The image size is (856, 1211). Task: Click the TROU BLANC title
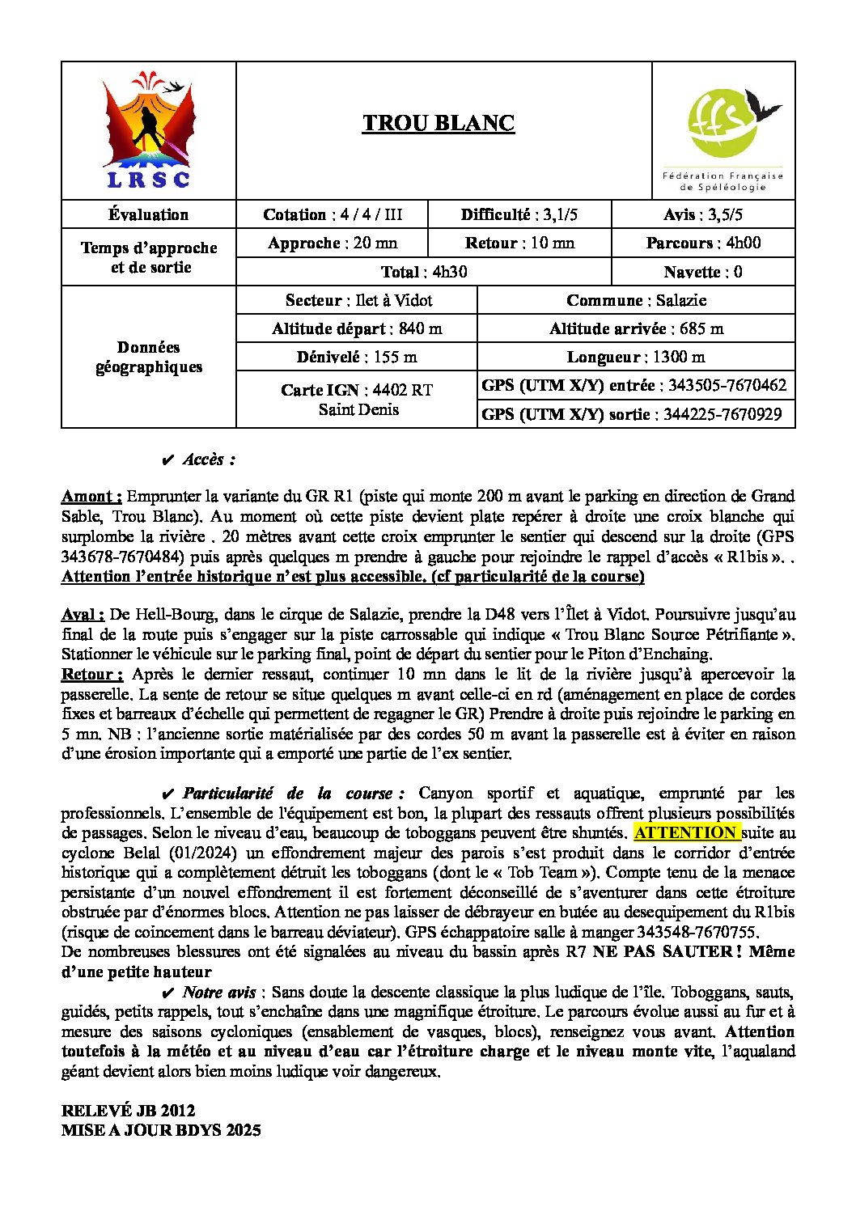(x=438, y=123)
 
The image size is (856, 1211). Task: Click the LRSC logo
(x=149, y=132)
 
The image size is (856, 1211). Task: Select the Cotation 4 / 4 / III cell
(x=332, y=214)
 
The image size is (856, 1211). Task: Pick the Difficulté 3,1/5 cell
(x=519, y=214)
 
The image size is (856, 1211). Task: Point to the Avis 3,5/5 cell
(x=702, y=214)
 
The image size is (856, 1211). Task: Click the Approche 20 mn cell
(x=332, y=243)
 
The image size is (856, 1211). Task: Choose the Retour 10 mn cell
(x=519, y=243)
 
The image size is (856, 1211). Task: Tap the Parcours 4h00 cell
(x=702, y=243)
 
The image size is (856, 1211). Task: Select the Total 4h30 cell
(x=423, y=272)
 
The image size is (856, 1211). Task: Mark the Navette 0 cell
(x=702, y=272)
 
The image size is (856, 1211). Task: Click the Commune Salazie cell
(x=636, y=300)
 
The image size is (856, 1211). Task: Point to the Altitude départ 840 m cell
(x=357, y=328)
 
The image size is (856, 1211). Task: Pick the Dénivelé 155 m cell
(x=357, y=357)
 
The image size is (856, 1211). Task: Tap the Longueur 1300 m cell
(x=636, y=357)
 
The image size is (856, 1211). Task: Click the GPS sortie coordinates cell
(x=636, y=414)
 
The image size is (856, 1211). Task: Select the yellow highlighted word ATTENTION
(x=685, y=832)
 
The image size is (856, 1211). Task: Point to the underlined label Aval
(x=83, y=615)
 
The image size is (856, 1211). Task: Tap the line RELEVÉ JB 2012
(x=128, y=1111)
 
